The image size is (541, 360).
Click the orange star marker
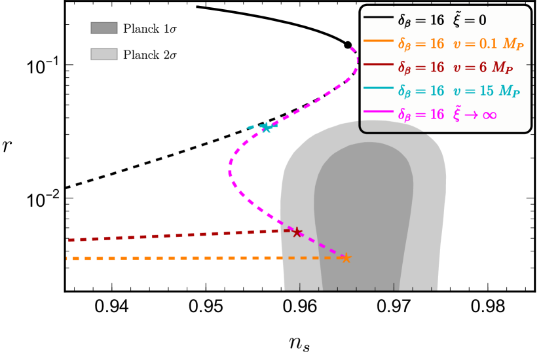[346, 258]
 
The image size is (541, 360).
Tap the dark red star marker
[297, 232]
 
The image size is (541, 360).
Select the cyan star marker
[266, 127]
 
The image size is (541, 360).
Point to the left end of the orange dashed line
[67, 259]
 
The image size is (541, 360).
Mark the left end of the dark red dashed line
[69, 240]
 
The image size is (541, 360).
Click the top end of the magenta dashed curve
[352, 48]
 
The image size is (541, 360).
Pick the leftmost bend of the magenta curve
[230, 172]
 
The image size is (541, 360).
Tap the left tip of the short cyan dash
[248, 128]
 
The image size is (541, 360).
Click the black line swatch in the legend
[378, 17]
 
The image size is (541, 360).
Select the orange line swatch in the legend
[378, 41]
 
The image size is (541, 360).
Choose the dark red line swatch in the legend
[378, 64]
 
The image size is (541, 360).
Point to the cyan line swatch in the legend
[378, 88]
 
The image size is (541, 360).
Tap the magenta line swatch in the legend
[378, 112]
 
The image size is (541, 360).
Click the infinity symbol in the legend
[489, 115]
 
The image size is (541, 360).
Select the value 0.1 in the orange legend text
[489, 45]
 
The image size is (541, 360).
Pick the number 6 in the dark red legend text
[482, 67]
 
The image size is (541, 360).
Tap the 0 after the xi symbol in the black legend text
[482, 20]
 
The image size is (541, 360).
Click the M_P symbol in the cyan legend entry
[509, 92]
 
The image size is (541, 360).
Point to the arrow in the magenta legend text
[471, 115]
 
